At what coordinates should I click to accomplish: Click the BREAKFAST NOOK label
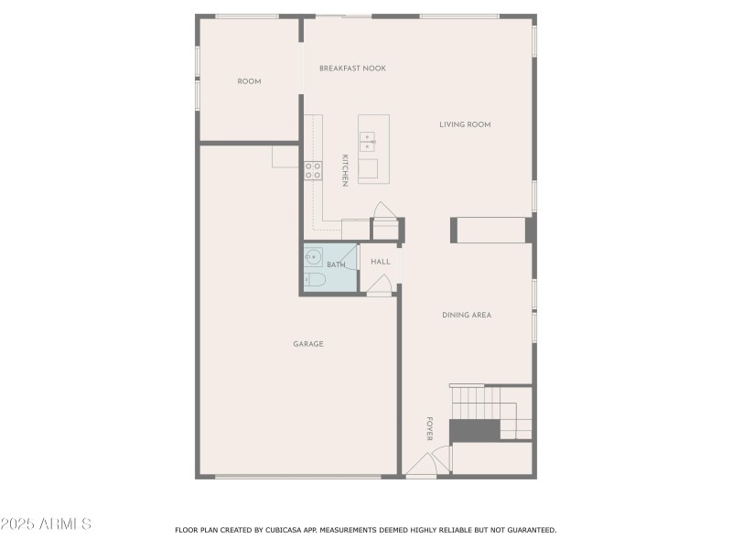point(352,69)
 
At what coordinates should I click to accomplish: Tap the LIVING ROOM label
point(465,124)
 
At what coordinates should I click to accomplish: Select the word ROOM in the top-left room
point(249,81)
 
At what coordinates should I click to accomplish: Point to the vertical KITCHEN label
point(345,170)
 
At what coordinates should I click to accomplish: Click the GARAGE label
point(308,344)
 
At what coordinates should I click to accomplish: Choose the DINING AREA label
point(467,315)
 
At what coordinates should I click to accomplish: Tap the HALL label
point(381,262)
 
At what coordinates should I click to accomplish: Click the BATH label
point(336,265)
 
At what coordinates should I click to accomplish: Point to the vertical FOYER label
point(428,428)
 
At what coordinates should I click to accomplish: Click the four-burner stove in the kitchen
point(313,169)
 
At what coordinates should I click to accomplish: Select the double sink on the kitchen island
point(367,141)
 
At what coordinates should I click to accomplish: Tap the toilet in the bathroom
point(311,280)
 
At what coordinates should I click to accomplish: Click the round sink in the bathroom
point(312,256)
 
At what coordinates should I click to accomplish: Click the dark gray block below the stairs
point(474,429)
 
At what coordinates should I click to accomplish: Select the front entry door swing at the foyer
point(423,465)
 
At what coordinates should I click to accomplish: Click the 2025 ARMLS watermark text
point(46,524)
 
